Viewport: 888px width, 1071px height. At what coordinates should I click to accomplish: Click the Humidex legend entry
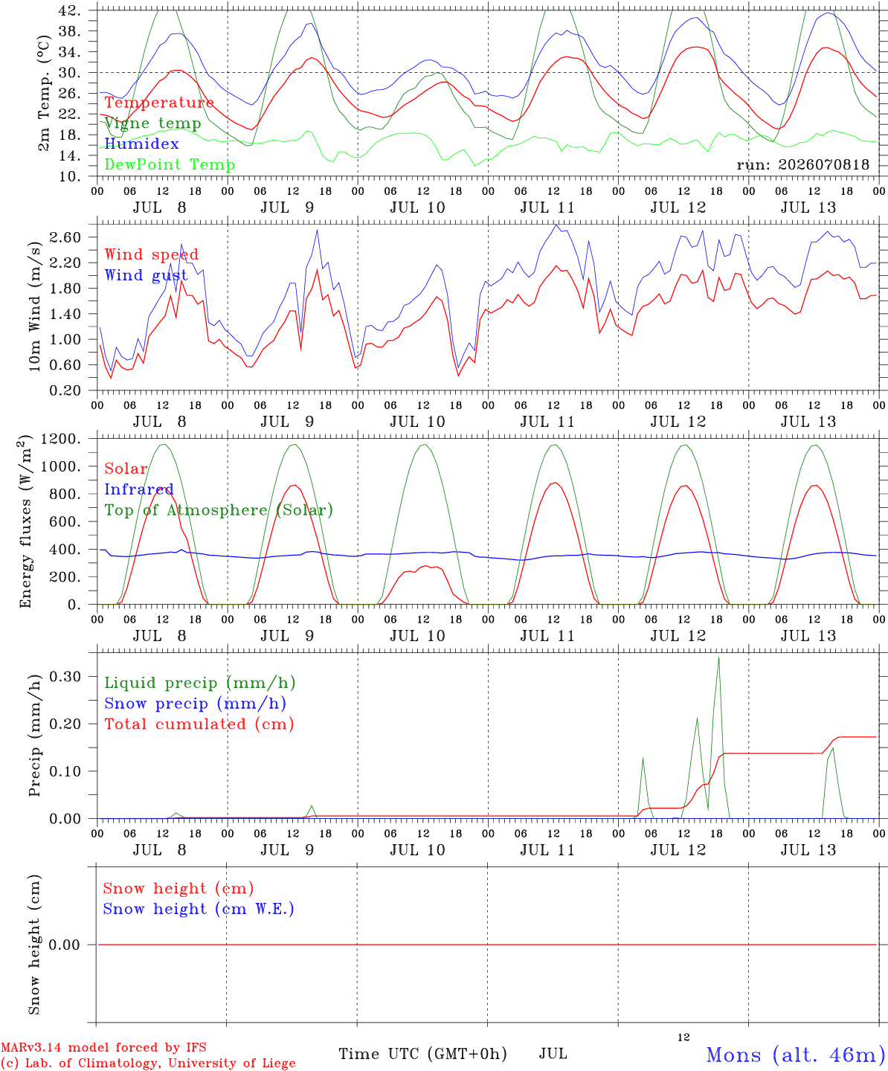(141, 144)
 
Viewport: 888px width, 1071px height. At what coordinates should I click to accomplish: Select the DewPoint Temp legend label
(170, 164)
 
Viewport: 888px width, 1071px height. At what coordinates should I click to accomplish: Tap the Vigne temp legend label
(153, 123)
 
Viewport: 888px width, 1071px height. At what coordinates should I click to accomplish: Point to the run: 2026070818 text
(802, 164)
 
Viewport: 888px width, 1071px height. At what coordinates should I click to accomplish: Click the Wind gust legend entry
(147, 275)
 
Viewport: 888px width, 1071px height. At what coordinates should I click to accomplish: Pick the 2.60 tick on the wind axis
(65, 237)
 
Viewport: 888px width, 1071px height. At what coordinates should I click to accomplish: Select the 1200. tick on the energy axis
(61, 439)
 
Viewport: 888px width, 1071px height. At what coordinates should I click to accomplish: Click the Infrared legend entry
(139, 489)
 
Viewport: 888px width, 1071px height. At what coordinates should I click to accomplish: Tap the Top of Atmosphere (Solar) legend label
(219, 510)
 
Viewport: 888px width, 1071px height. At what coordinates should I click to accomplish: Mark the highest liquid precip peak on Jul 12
(718, 657)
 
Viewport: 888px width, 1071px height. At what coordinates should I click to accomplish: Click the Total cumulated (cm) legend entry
(199, 724)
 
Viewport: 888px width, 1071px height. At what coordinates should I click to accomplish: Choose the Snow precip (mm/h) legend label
(195, 704)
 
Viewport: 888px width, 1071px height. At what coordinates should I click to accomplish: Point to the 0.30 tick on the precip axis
(65, 677)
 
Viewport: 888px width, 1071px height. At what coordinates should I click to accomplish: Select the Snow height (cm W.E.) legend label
(199, 909)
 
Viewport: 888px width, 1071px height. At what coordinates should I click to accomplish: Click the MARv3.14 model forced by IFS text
(103, 1047)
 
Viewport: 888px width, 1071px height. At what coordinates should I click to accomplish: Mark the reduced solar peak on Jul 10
(425, 566)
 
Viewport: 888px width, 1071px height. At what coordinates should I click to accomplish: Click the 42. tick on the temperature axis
(69, 10)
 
